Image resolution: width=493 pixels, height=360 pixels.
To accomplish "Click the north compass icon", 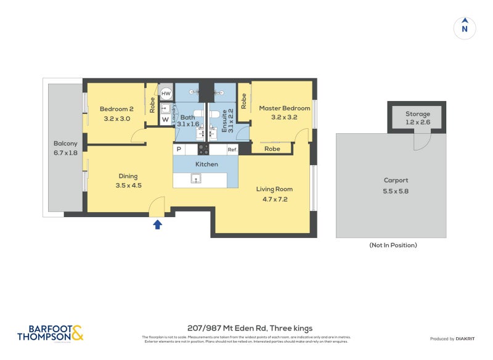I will (465, 28).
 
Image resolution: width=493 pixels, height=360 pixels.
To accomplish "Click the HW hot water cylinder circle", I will (166, 94).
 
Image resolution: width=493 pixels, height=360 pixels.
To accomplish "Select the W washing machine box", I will (165, 118).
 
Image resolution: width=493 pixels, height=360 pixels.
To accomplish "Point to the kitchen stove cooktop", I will (203, 149).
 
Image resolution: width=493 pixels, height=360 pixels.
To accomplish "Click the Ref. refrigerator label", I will (232, 150).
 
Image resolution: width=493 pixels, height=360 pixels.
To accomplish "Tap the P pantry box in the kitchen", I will (179, 150).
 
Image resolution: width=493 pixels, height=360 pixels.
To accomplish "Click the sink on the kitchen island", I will (196, 179).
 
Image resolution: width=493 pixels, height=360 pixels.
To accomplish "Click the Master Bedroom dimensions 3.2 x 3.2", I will (284, 117).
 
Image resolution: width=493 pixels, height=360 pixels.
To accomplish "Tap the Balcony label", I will (65, 144).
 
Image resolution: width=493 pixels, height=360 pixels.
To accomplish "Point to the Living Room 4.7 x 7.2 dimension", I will (274, 198).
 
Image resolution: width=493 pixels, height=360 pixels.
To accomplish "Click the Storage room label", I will (418, 114).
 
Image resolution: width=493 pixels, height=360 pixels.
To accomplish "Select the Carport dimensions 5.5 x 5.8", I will (396, 190).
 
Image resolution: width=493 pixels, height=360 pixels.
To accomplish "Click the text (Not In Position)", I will (393, 245).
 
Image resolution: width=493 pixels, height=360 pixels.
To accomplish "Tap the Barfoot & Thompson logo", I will (49, 333).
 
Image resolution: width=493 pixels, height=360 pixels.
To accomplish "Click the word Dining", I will (128, 176).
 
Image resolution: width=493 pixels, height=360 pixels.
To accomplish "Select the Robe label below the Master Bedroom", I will (272, 149).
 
